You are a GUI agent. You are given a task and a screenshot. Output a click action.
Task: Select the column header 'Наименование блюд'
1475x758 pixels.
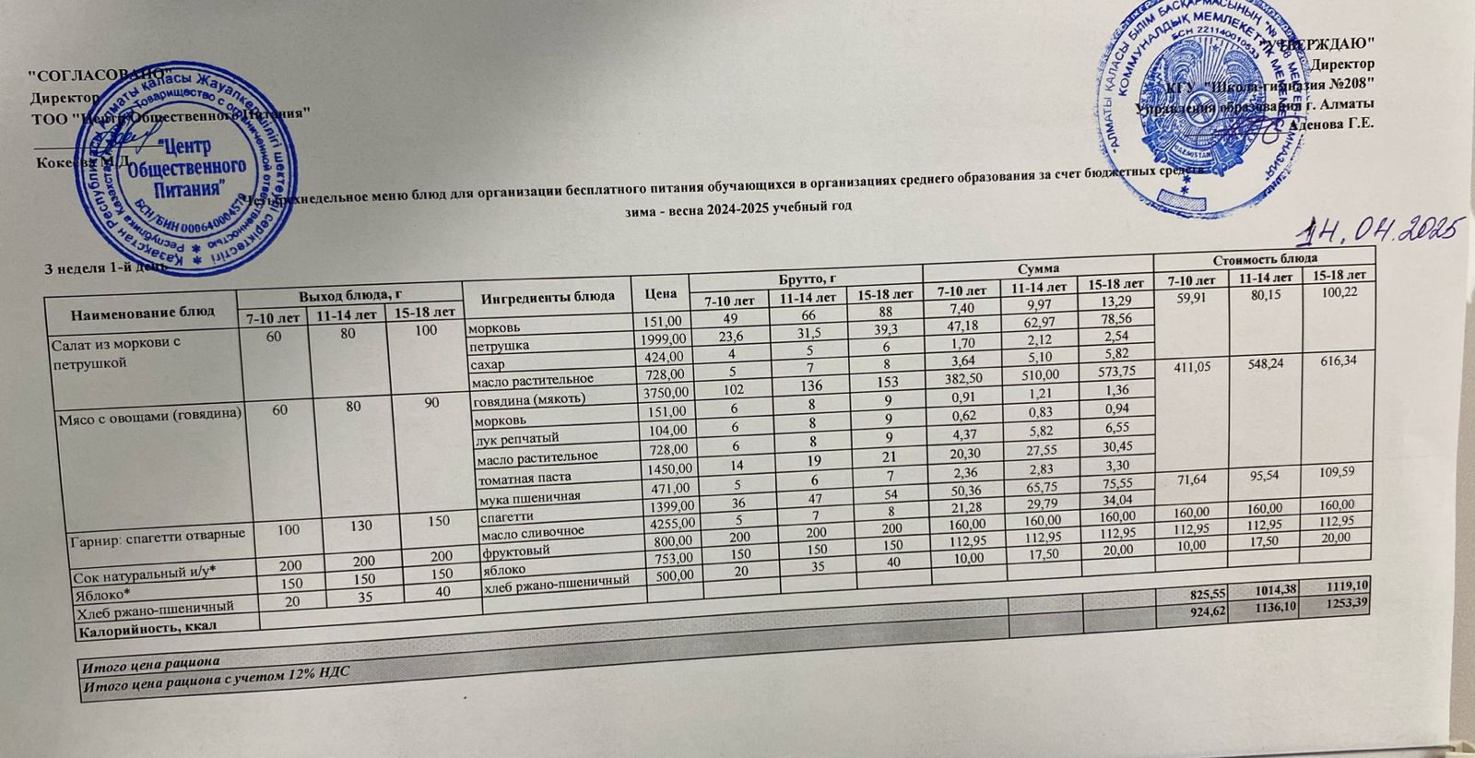[x=144, y=311]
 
